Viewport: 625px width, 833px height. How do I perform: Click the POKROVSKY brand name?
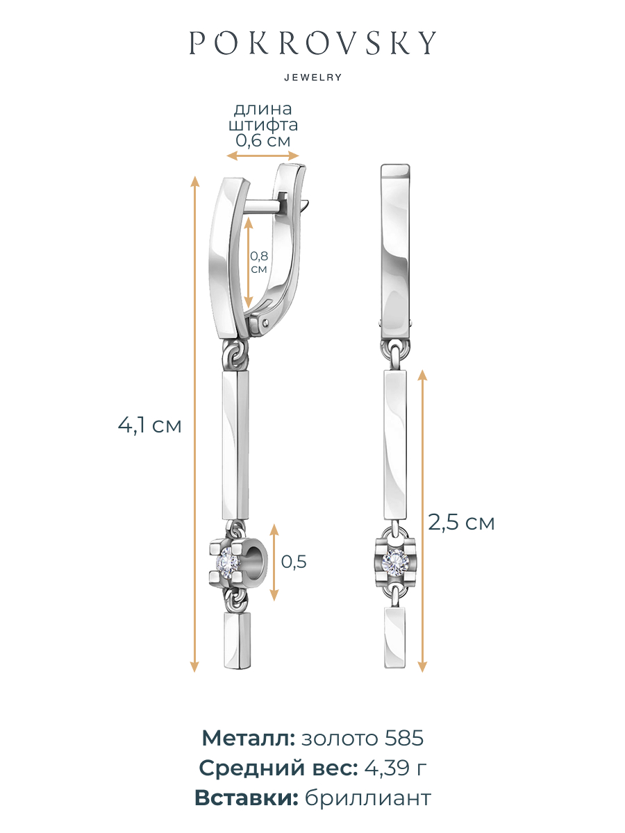coord(312,42)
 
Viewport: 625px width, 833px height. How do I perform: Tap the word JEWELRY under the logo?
coord(313,78)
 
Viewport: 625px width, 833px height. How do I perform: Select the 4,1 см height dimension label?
coord(149,426)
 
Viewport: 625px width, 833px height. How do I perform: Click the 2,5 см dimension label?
coord(461,523)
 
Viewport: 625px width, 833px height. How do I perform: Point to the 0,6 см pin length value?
coord(263,140)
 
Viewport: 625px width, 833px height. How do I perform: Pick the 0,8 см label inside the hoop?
coord(259,262)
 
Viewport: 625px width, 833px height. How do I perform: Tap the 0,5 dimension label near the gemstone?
coord(294,562)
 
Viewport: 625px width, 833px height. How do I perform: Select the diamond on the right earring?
coord(394,560)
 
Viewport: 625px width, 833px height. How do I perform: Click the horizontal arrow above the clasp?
coord(263,155)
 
